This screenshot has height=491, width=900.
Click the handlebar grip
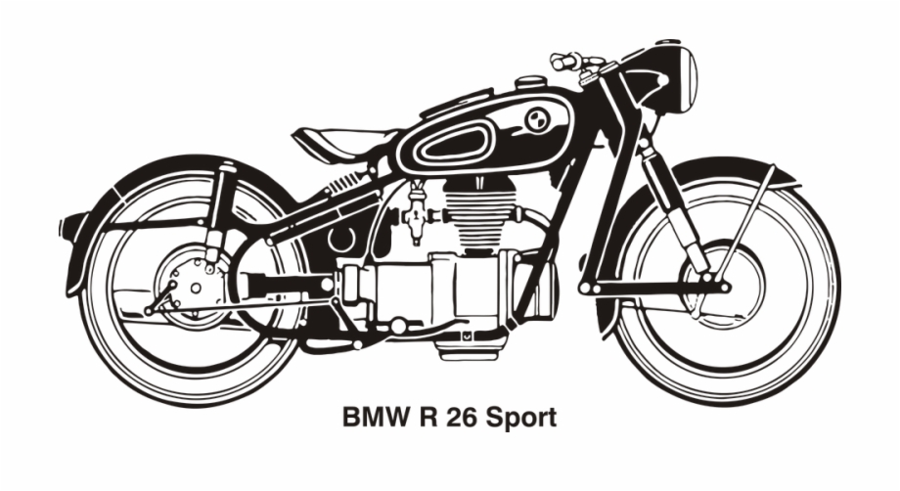pyautogui.click(x=565, y=62)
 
